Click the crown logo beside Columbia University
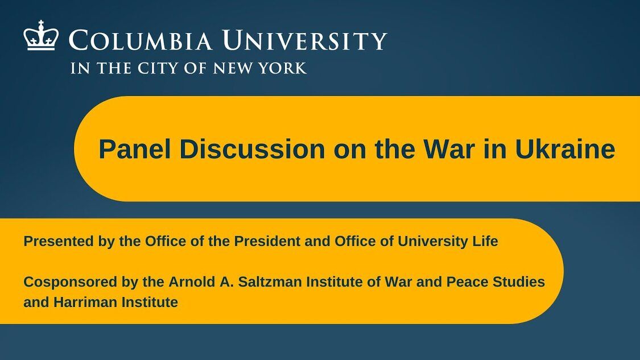pyautogui.click(x=41, y=35)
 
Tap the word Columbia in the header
pyautogui.click(x=140, y=41)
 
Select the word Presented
pyautogui.click(x=59, y=241)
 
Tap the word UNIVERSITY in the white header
pyautogui.click(x=304, y=41)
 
